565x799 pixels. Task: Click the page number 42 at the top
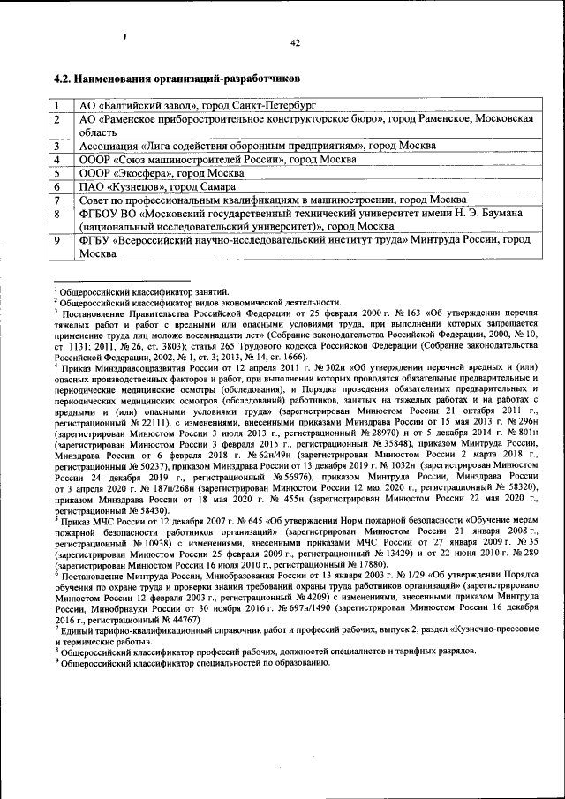click(x=296, y=42)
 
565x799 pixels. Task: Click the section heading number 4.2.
click(x=64, y=78)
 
